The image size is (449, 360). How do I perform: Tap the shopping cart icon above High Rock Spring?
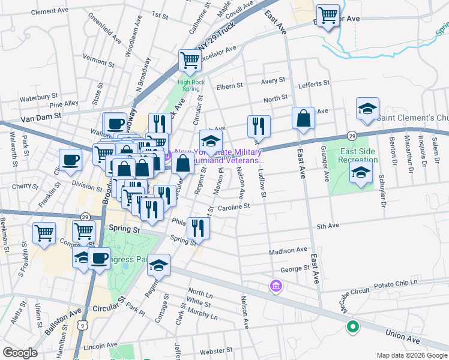[190, 60]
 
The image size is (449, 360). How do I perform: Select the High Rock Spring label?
[188, 85]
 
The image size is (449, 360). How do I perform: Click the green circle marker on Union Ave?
[352, 327]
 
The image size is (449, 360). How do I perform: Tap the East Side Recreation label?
[358, 155]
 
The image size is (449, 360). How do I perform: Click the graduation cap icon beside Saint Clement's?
[367, 109]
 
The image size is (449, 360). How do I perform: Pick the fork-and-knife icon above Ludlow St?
[259, 125]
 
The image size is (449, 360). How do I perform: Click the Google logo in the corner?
[19, 353]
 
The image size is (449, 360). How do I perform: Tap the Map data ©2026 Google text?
[411, 355]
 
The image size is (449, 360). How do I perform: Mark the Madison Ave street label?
[288, 250]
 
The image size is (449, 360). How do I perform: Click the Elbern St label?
[229, 86]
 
